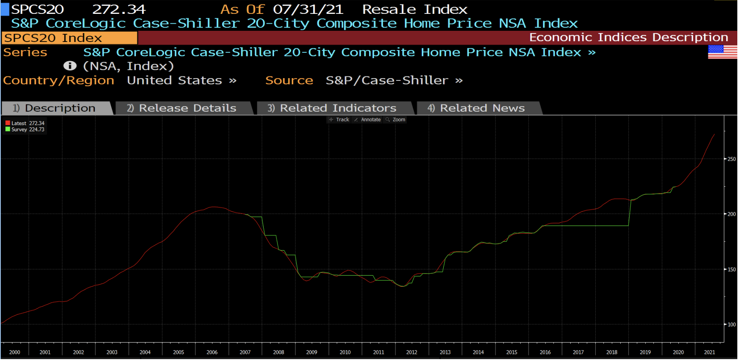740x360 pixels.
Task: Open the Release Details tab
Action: click(183, 108)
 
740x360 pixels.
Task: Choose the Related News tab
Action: click(477, 108)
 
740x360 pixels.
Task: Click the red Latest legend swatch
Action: click(8, 123)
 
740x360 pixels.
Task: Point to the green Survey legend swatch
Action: click(8, 130)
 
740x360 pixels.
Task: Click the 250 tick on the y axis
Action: click(731, 159)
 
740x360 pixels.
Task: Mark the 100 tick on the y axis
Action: click(731, 325)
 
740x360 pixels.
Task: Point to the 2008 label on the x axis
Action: click(278, 352)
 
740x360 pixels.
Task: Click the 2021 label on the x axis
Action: click(709, 352)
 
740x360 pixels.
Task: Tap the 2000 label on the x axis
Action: click(15, 352)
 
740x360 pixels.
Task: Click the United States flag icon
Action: click(722, 52)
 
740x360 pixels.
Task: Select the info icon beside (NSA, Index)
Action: click(70, 66)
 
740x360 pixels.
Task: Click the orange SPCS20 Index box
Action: click(69, 38)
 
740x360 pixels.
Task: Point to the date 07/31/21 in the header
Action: click(308, 9)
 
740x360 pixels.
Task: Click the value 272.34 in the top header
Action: click(119, 9)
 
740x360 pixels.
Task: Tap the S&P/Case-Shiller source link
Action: click(387, 80)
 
